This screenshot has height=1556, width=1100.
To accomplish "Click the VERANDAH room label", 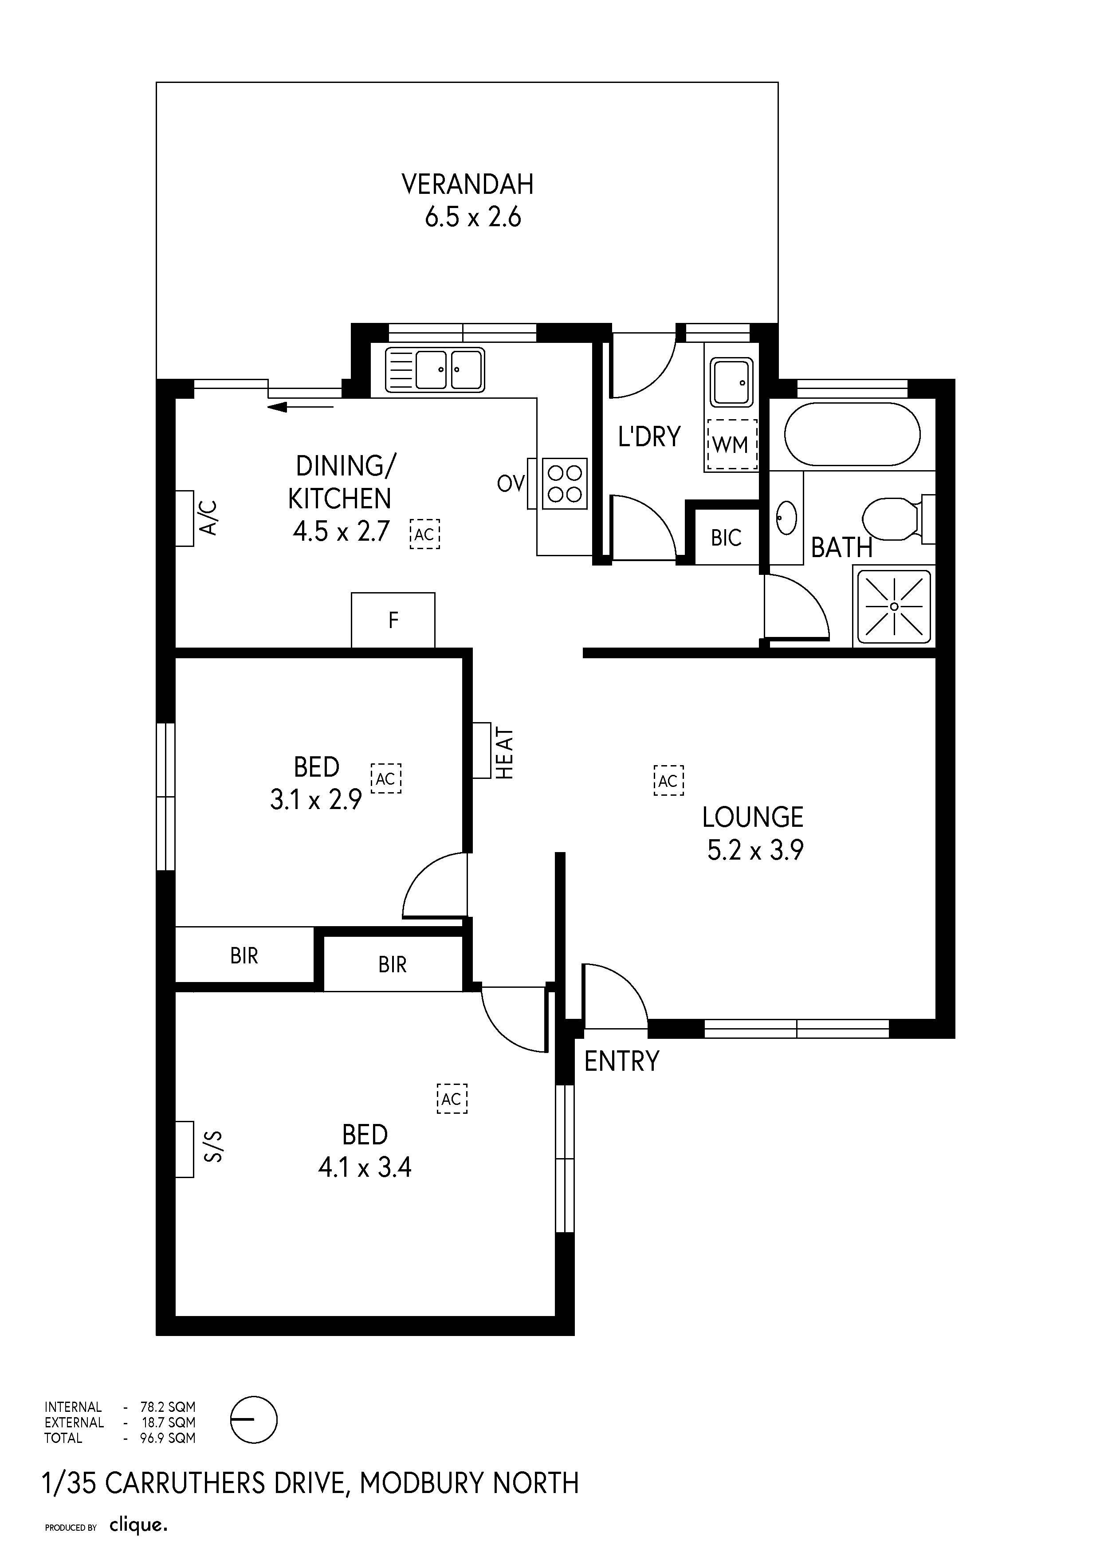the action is coord(467,185).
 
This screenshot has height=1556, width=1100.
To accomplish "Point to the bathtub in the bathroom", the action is coord(852,434).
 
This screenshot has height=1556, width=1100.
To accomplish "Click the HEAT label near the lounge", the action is coord(505,752).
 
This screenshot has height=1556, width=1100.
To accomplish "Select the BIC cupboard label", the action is coord(726,538).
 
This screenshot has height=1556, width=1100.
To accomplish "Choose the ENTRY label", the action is coord(621,1061).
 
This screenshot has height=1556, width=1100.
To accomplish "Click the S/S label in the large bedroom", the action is coord(213,1146).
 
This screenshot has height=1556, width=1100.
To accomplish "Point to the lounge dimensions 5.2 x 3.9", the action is coord(755,850).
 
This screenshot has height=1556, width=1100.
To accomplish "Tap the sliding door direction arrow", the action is coord(300,407).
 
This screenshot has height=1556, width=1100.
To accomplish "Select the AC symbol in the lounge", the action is coord(668,780).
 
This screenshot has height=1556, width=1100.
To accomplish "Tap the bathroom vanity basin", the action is coord(786,518).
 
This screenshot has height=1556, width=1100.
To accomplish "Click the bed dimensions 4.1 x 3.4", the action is coord(365,1168).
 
